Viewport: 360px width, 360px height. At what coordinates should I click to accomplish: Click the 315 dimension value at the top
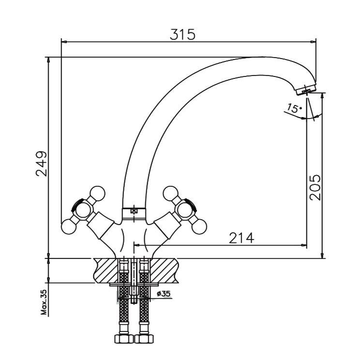tap(182, 34)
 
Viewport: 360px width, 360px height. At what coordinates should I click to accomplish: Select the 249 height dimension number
tap(42, 164)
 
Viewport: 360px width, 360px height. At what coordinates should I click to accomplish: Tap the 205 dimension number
tap(315, 188)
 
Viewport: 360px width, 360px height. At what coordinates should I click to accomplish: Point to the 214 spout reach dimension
tap(241, 238)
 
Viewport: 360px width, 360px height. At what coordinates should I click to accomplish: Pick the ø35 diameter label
tap(164, 293)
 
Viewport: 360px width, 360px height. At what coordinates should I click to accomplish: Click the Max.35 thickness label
tap(44, 302)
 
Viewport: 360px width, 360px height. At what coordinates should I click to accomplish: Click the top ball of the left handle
tap(97, 194)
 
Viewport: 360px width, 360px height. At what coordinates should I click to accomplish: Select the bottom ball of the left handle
tap(69, 227)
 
